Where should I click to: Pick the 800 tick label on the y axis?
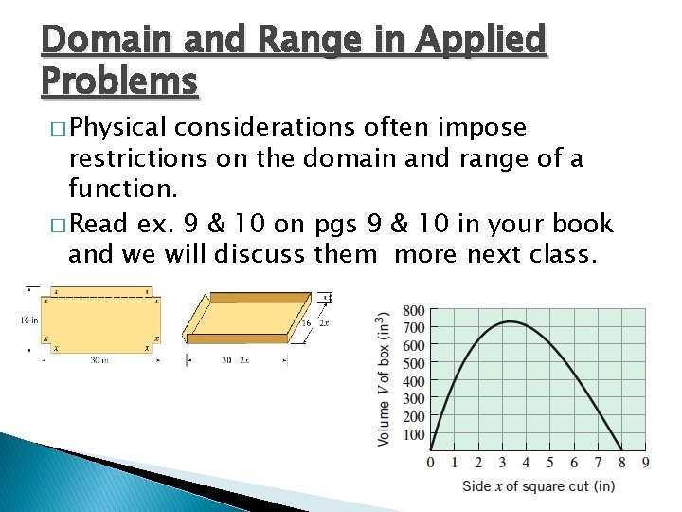click(413, 310)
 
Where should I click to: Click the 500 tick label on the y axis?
click(413, 363)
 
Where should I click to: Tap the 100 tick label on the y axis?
click(413, 434)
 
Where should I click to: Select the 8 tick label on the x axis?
click(621, 463)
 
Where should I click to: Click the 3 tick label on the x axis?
click(502, 463)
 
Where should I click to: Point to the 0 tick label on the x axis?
click(431, 463)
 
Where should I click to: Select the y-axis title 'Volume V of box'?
click(384, 379)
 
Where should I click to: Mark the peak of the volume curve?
click(510, 321)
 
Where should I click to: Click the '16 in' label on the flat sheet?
click(29, 320)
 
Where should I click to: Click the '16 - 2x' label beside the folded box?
click(314, 323)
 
